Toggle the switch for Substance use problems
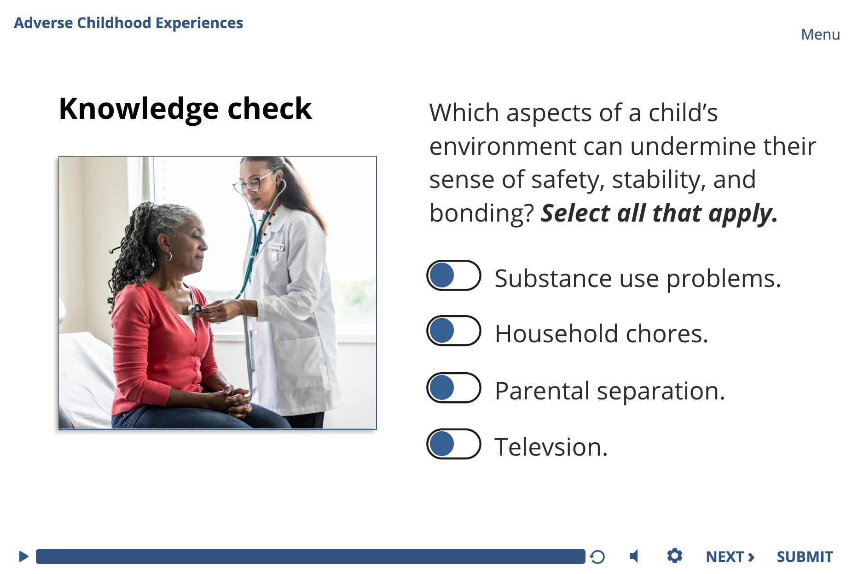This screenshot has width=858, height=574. coord(454,275)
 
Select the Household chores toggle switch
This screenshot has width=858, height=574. coord(454,331)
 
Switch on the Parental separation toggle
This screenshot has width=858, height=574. coord(454,388)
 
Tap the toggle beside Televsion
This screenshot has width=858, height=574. coord(454,444)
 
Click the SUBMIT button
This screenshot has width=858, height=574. coord(805,557)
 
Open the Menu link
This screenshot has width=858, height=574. coord(820,35)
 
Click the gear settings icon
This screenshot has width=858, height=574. coord(675,556)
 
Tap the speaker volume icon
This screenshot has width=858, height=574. coord(634,556)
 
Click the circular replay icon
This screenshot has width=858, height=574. coord(597,557)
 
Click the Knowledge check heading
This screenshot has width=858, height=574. coord(186,109)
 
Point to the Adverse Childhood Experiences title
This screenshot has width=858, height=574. coord(128,23)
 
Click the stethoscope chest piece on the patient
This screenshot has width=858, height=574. coord(194,310)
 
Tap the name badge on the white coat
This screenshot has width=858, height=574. coord(275,246)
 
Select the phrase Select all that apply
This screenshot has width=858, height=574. coord(659,214)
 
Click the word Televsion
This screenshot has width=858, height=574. coord(551,447)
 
